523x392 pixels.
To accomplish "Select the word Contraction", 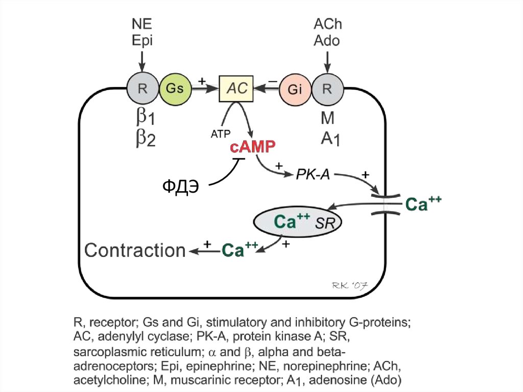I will (x=135, y=250).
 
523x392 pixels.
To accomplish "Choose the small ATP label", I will (x=221, y=134).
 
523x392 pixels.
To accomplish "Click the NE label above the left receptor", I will (x=142, y=25).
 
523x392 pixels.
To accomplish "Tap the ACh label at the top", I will (x=327, y=25).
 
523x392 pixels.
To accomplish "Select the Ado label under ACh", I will (x=327, y=40).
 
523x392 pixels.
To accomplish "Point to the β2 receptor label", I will (x=145, y=139).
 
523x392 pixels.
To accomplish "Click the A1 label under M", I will (x=330, y=138).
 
